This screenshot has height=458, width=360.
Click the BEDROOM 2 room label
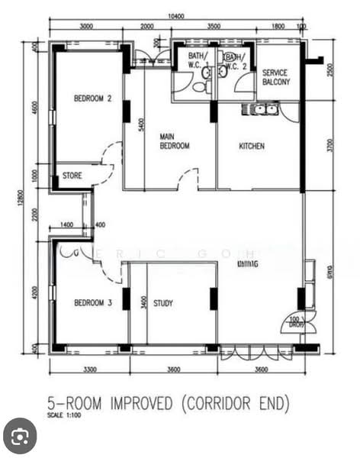click(93, 98)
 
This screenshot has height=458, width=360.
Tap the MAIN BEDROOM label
click(174, 141)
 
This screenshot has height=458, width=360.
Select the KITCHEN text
click(252, 147)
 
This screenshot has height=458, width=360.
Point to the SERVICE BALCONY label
click(276, 76)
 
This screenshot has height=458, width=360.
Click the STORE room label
click(72, 176)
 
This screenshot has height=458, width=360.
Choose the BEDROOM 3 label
click(93, 303)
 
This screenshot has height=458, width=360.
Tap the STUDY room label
click(163, 303)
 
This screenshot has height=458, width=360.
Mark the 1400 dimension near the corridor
click(66, 224)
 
